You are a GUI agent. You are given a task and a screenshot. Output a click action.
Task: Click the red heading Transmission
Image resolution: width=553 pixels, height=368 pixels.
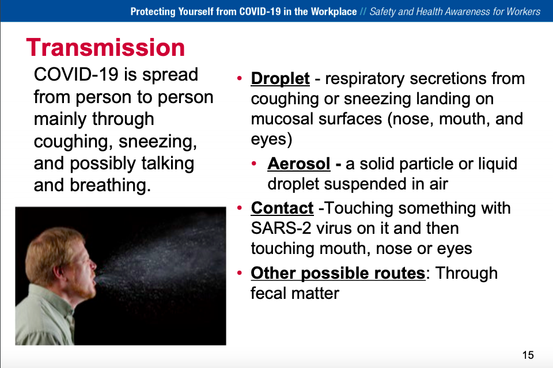[x=105, y=47]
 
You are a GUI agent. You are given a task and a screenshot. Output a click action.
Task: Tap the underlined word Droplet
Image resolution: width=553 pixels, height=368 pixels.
[x=281, y=78]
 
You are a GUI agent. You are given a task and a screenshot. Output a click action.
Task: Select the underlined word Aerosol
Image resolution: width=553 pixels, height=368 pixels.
[x=299, y=164]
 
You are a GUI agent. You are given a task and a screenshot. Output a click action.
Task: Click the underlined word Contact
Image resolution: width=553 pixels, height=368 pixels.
[x=282, y=208]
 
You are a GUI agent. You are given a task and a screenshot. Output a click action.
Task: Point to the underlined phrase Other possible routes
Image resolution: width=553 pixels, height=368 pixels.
[x=338, y=273]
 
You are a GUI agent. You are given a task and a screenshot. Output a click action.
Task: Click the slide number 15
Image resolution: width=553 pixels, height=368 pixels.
[x=528, y=355]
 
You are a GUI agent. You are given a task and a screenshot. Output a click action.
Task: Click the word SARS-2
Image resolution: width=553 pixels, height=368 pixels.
[x=281, y=229]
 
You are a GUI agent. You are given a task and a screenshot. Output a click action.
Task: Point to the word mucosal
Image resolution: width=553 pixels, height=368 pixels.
[x=282, y=119]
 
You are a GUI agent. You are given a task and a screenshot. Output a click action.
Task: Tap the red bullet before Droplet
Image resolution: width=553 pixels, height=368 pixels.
[x=240, y=78]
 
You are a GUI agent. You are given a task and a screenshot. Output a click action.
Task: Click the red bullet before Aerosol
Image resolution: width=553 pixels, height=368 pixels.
[x=254, y=164]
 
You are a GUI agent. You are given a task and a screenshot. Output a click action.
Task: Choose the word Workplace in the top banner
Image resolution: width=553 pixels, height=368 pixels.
[x=334, y=12]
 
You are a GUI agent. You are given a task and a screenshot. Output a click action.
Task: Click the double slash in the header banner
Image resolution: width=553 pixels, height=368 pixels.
[x=363, y=12]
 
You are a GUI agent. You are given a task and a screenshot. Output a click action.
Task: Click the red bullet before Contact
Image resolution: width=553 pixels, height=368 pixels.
[x=240, y=208]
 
